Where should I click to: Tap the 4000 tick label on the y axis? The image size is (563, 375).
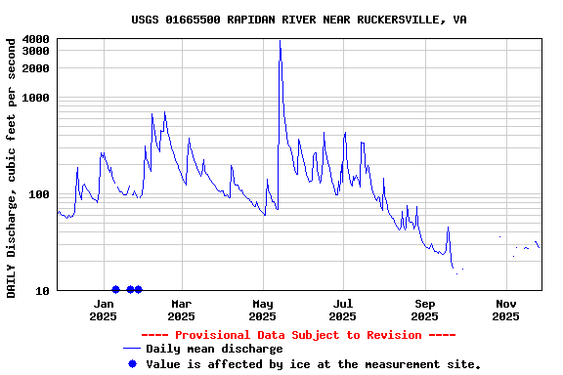(x=35, y=39)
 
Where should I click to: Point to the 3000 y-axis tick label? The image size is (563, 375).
(x=35, y=51)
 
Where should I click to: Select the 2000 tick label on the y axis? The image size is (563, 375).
(x=35, y=68)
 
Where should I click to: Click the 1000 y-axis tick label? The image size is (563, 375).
(x=35, y=98)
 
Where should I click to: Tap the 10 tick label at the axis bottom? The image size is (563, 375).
(x=43, y=291)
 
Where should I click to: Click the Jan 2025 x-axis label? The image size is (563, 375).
(x=103, y=310)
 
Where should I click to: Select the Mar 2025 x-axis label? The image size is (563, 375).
(x=182, y=310)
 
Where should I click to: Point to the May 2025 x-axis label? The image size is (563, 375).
(x=263, y=310)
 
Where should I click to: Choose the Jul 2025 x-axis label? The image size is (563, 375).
(x=343, y=310)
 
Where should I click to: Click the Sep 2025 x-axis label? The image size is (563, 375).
(x=424, y=310)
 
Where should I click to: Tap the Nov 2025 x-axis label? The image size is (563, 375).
(x=505, y=310)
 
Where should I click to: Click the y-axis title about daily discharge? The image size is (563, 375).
(x=12, y=167)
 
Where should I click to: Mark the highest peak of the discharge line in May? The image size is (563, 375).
(x=280, y=41)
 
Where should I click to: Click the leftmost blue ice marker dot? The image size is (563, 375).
(x=115, y=290)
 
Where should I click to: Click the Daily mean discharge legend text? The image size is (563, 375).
(x=214, y=349)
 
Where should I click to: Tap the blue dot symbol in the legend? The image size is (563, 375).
(x=132, y=363)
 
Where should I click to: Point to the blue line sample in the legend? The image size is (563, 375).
(x=132, y=349)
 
